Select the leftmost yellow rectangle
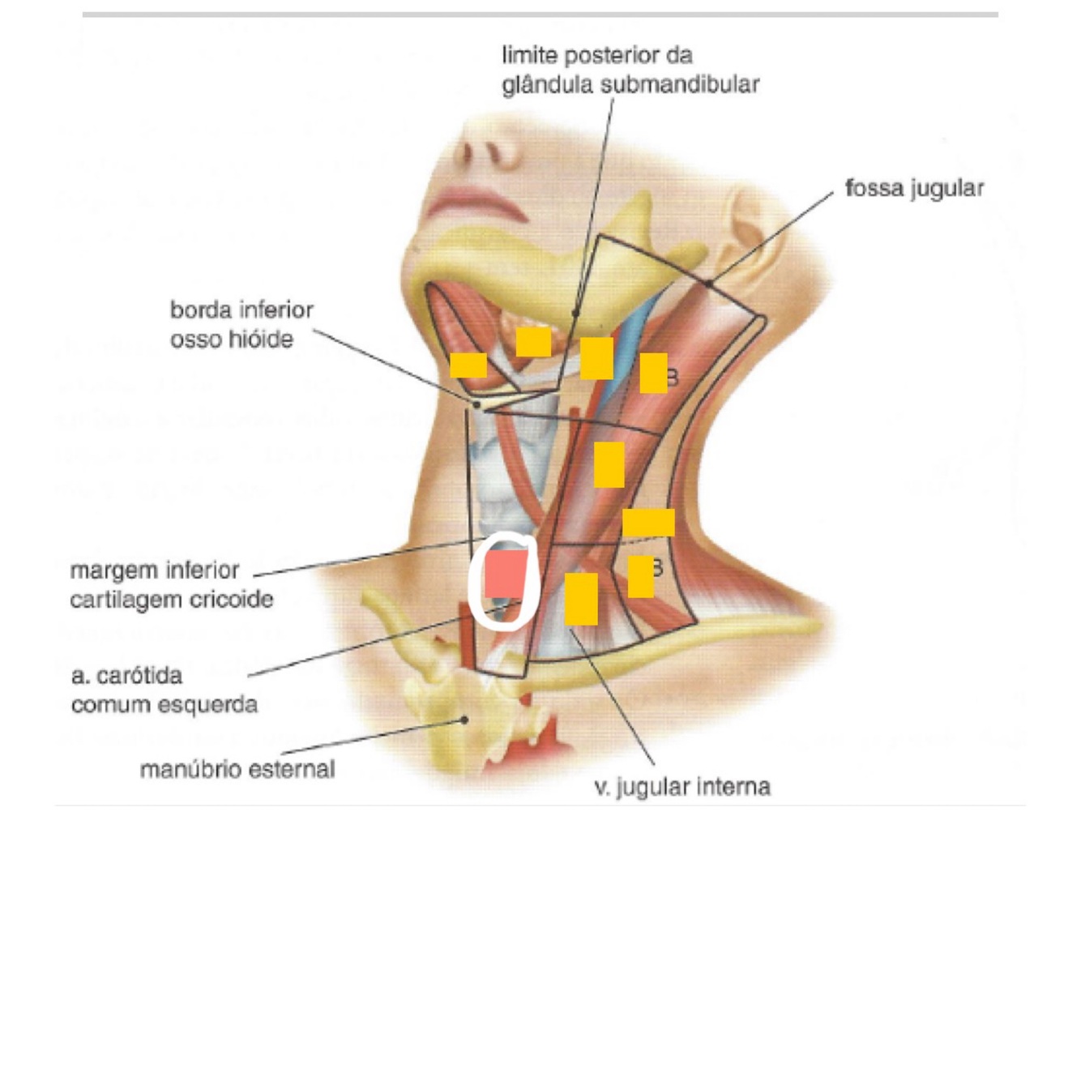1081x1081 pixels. (x=468, y=365)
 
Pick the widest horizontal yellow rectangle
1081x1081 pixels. (x=648, y=522)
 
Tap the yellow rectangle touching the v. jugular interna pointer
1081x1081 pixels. (x=581, y=599)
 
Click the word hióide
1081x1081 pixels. (x=262, y=340)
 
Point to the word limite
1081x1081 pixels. (x=530, y=55)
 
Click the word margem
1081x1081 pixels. (x=110, y=570)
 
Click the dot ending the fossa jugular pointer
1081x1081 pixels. (x=708, y=284)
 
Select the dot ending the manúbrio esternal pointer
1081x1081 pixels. (x=465, y=718)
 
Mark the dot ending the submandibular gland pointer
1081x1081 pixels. (x=575, y=312)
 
